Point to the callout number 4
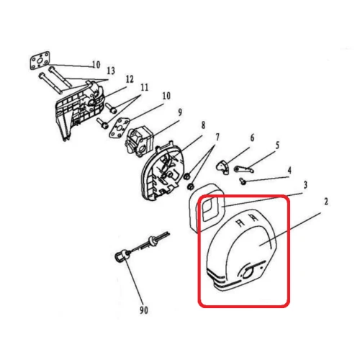[289, 171]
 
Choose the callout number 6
[252, 138]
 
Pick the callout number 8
[203, 125]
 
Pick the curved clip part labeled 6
[223, 166]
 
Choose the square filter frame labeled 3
[209, 209]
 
